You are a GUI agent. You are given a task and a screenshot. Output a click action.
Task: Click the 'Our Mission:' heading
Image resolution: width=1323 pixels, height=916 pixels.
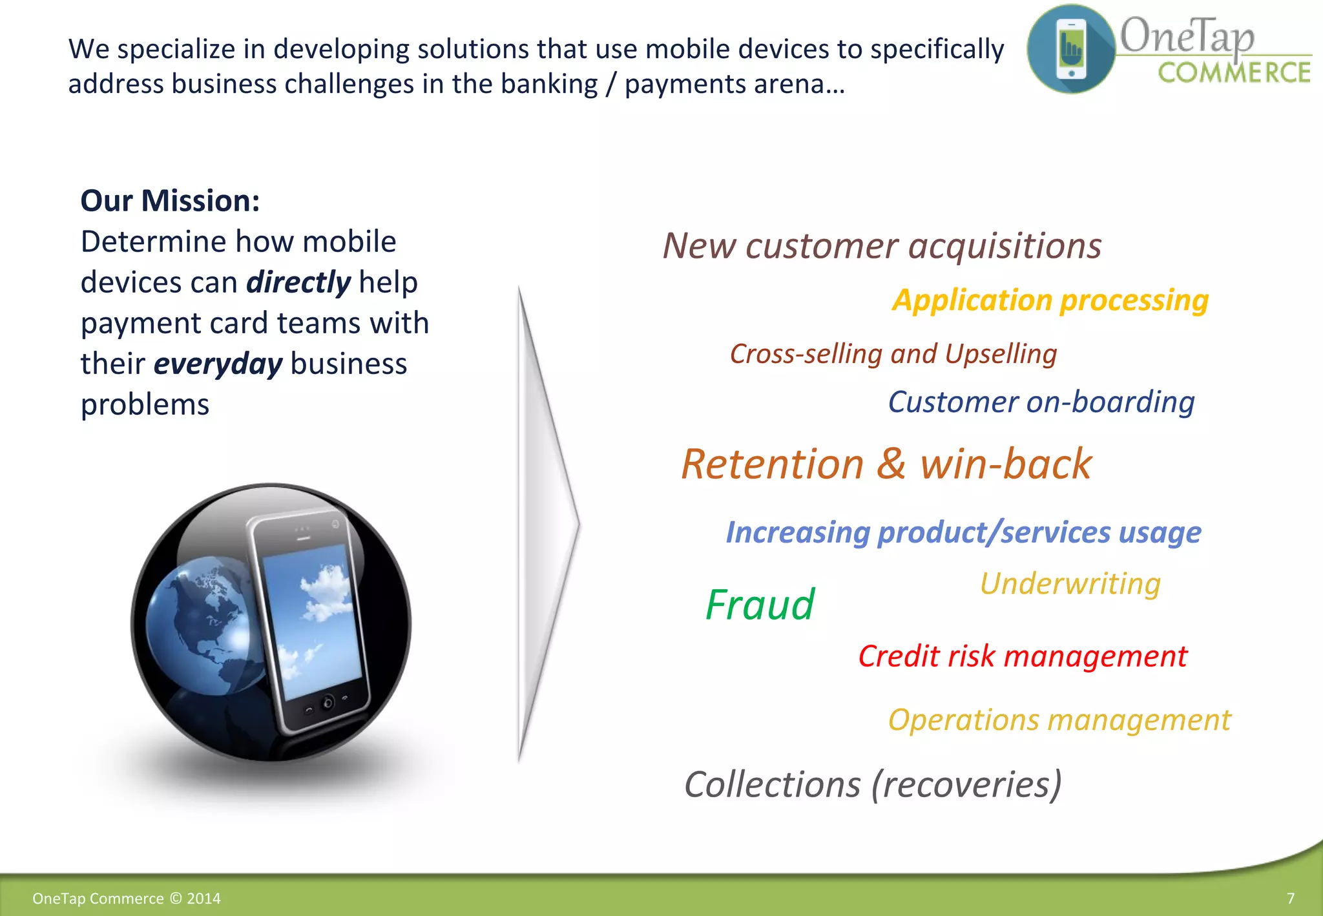tap(170, 201)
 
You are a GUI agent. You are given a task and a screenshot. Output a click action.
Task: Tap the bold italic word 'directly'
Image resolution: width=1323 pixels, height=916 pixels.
tap(298, 282)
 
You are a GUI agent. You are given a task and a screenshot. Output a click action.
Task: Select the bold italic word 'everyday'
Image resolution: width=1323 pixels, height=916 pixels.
tap(218, 364)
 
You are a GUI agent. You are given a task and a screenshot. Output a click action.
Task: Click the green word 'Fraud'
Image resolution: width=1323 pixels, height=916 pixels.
tap(760, 605)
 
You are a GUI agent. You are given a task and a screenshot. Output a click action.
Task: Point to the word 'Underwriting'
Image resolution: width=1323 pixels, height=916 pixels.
tap(1070, 583)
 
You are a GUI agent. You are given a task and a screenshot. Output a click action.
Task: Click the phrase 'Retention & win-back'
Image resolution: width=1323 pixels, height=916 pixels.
tap(886, 464)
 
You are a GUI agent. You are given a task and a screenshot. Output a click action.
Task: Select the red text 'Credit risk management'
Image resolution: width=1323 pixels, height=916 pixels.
tap(1022, 656)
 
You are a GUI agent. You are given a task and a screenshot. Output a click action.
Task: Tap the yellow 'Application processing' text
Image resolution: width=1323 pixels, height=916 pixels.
tap(1050, 300)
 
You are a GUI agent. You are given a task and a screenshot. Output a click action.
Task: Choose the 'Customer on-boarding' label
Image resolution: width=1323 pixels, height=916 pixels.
tap(1041, 402)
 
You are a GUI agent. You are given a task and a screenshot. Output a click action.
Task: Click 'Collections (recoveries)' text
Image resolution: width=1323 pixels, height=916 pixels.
tap(873, 784)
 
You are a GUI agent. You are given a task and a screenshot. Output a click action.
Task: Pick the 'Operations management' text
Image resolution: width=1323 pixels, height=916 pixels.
tap(1059, 720)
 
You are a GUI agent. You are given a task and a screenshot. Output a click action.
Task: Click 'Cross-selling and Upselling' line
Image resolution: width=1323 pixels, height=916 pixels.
tap(893, 354)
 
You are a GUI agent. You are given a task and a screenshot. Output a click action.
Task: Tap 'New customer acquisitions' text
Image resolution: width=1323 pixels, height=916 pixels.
tap(882, 246)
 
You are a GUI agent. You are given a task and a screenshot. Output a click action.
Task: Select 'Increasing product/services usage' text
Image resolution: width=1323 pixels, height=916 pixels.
tap(963, 532)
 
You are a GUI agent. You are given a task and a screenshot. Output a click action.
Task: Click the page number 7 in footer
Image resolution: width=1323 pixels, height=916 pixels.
tap(1290, 899)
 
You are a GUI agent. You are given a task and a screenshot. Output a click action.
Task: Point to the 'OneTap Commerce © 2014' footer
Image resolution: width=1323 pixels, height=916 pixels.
tap(127, 899)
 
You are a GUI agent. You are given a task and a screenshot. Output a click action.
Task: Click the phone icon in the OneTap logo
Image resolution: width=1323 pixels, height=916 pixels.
tap(1071, 49)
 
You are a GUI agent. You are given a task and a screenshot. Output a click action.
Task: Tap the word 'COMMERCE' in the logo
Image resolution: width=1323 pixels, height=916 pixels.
tap(1233, 73)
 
